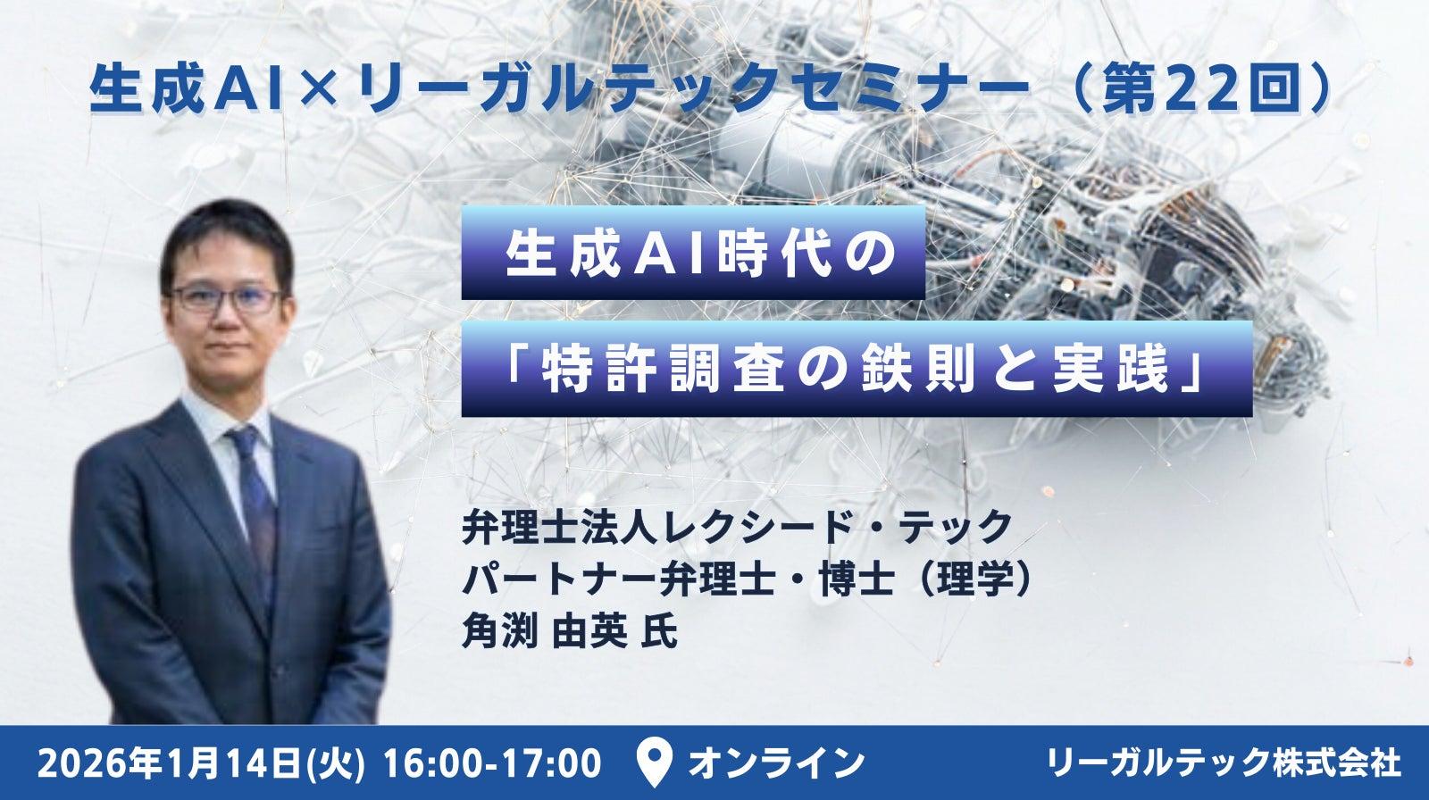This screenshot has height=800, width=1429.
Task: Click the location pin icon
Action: [x=655, y=763]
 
